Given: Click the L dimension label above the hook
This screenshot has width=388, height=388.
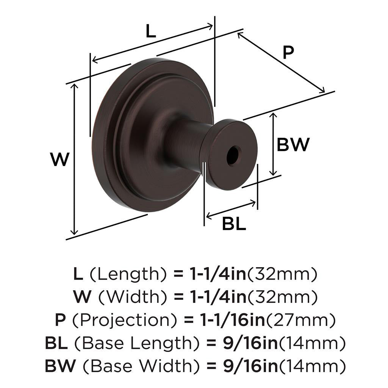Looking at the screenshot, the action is (x=151, y=31).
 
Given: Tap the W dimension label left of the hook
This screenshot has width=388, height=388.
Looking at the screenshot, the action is (x=59, y=160).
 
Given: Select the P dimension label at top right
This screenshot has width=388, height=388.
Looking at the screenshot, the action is (x=288, y=52).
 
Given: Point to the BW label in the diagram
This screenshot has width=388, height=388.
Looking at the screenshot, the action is (x=293, y=144).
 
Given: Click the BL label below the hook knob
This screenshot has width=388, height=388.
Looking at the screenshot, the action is (x=234, y=224).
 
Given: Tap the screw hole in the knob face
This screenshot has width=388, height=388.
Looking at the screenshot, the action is (x=234, y=155).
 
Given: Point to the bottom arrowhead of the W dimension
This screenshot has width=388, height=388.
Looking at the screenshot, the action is (x=74, y=232).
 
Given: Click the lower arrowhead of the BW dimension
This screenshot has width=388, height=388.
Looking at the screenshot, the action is (x=273, y=173).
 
